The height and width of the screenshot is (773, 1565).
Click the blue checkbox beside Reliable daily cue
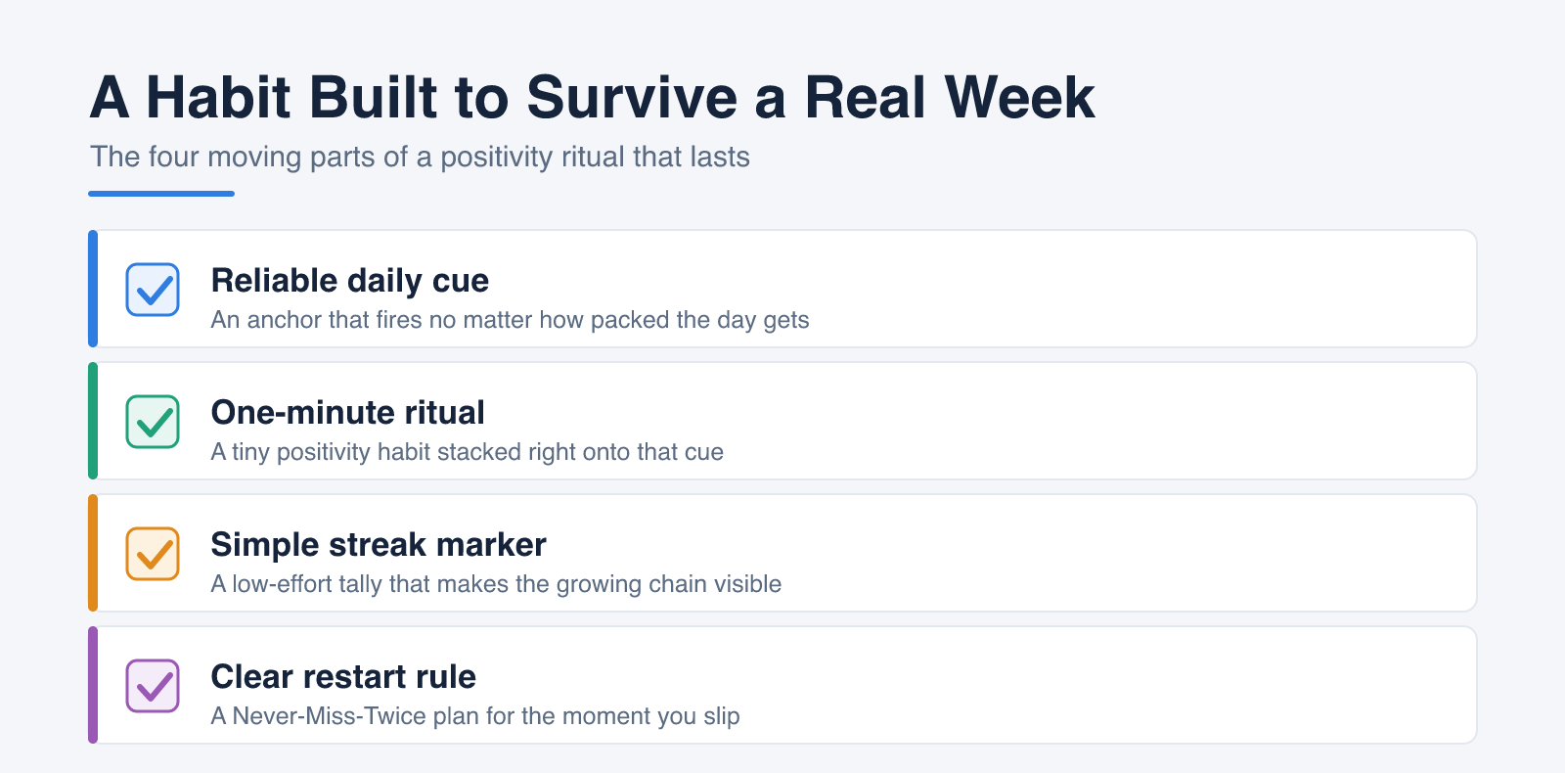[153, 290]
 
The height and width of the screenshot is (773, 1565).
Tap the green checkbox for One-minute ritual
[153, 422]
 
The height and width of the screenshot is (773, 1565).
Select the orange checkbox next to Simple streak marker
[153, 554]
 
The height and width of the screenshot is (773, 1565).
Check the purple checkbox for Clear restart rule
[153, 686]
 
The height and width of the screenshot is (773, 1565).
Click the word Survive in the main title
[632, 97]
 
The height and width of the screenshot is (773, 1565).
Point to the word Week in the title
[1019, 97]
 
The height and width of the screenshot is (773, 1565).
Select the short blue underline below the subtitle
[161, 194]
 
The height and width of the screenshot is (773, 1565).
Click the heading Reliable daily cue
[349, 280]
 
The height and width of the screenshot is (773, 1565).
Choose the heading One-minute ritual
[347, 412]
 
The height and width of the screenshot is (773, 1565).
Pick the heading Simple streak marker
[378, 544]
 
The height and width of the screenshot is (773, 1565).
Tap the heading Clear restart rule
[343, 676]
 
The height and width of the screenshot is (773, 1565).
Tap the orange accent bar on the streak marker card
[93, 553]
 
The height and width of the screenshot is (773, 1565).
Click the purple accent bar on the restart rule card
[93, 685]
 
